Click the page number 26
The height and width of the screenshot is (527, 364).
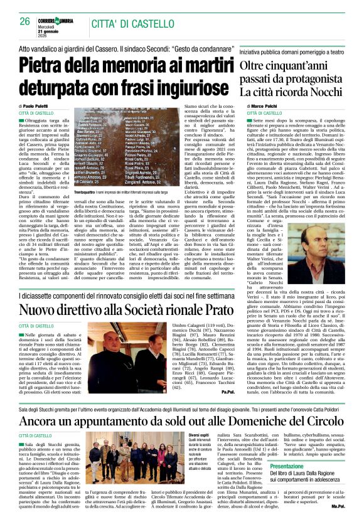[25, 22]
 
